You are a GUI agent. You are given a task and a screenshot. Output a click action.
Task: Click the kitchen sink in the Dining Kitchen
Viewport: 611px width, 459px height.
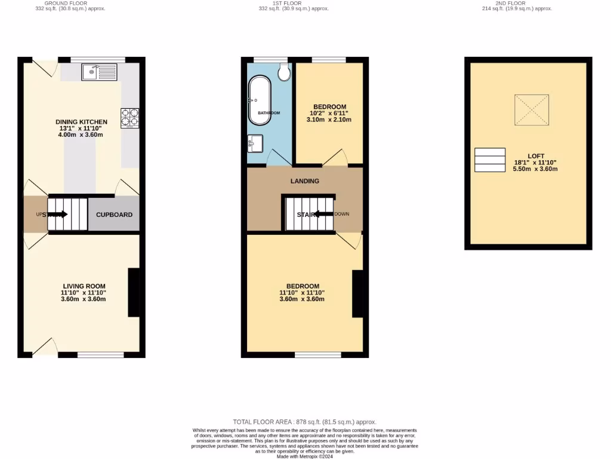[x=100, y=72]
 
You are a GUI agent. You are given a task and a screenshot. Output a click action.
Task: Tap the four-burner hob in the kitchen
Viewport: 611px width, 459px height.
[x=130, y=118]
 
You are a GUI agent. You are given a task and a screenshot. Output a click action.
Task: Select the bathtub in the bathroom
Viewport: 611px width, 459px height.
[x=260, y=100]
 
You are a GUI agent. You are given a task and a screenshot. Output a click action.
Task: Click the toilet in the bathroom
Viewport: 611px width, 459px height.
[x=283, y=72]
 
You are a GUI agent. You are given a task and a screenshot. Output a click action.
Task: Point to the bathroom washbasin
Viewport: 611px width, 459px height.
[x=255, y=143]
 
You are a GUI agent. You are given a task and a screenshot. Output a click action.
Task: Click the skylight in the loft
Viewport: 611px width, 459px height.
[x=532, y=110]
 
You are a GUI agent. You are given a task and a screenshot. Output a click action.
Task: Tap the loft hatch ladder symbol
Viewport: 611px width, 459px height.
[x=489, y=160]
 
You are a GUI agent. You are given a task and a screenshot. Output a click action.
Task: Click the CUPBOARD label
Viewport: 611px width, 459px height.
[x=114, y=215]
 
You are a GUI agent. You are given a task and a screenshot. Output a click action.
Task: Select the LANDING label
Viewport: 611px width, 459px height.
[x=305, y=181]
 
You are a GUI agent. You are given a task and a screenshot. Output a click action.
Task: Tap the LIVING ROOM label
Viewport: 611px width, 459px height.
[x=84, y=286]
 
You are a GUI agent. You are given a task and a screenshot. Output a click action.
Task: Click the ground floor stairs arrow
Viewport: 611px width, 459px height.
[x=60, y=214]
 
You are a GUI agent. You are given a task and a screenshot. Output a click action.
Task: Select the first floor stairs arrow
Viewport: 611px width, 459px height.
[x=323, y=214]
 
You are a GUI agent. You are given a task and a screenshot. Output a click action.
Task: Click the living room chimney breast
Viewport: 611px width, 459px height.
[x=134, y=293]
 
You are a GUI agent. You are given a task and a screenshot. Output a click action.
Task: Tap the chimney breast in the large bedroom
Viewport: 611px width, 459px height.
[x=357, y=293]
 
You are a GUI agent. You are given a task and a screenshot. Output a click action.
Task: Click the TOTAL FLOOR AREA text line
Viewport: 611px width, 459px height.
[x=305, y=422]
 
